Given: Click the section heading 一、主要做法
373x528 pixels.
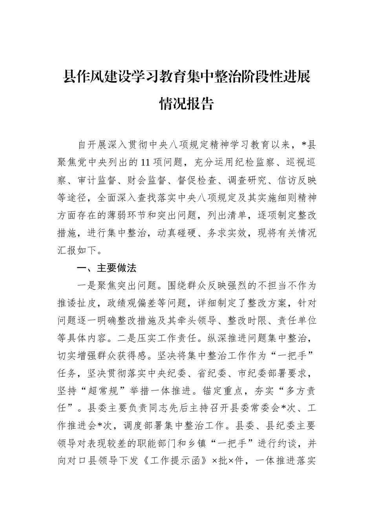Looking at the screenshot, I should click(107, 269).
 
